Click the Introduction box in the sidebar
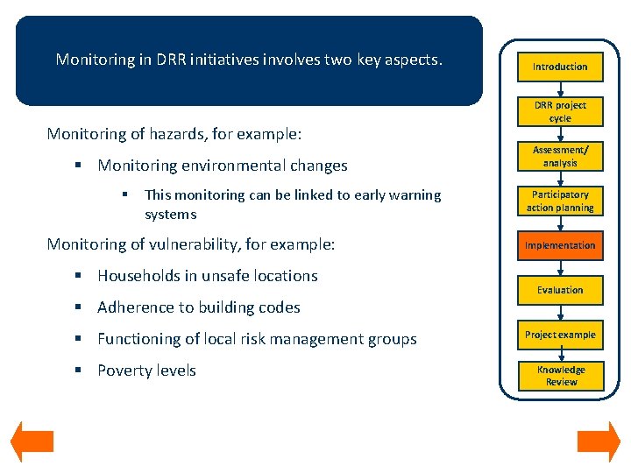pos(560,67)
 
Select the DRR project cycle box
pos(560,111)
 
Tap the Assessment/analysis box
pos(560,156)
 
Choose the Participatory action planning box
pos(560,201)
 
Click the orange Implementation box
pos(560,246)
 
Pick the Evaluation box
pos(560,290)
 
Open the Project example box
pos(560,335)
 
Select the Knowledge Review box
pos(560,376)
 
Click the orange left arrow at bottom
pos(32,442)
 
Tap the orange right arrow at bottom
pos(599,442)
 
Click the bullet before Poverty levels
pos(78,371)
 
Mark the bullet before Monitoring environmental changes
pos(78,166)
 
